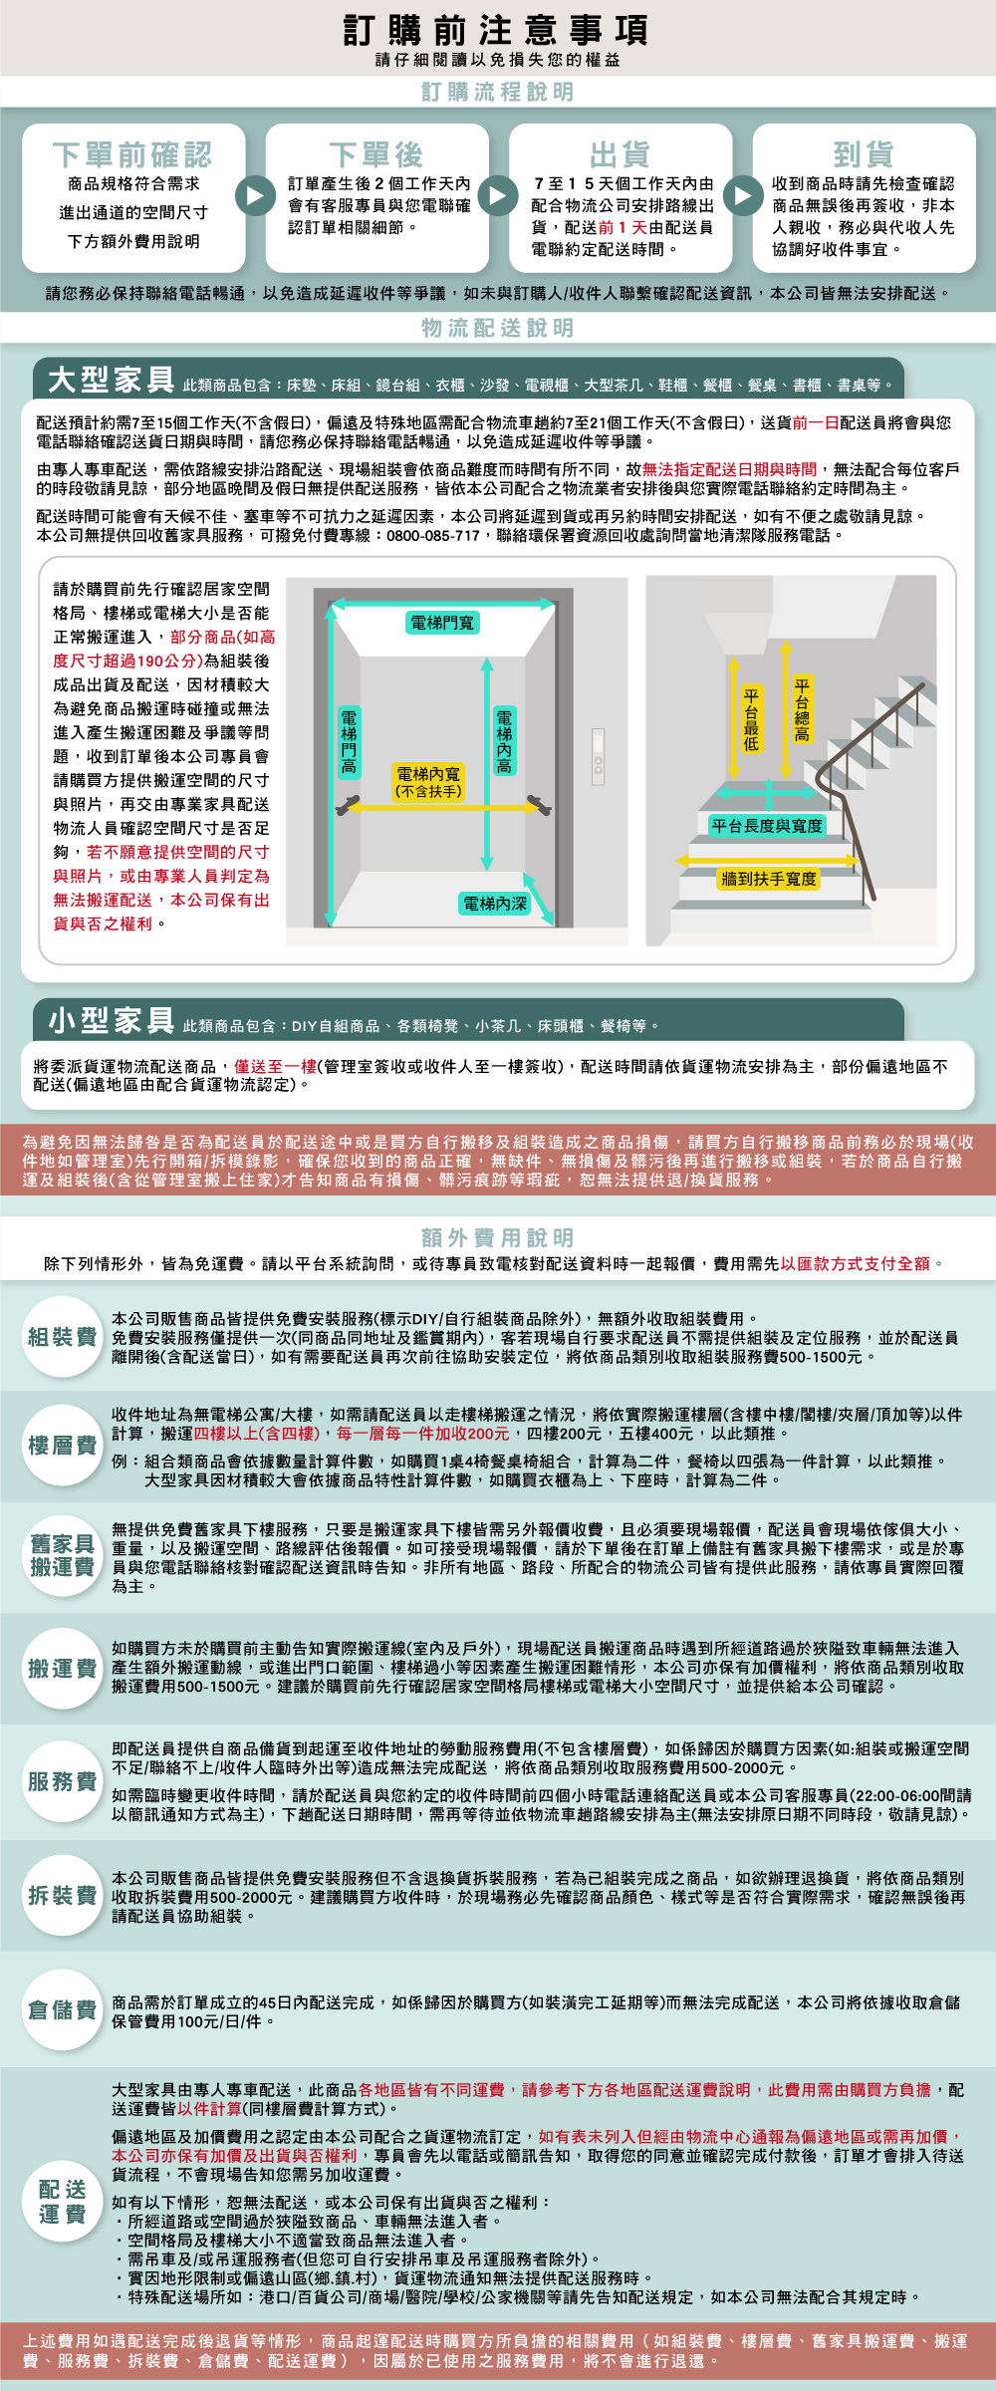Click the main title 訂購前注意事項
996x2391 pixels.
pyautogui.click(x=497, y=30)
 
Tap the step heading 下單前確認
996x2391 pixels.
pyautogui.click(x=132, y=154)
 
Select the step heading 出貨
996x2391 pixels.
pyautogui.click(x=620, y=154)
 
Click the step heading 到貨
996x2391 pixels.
pyautogui.click(x=864, y=154)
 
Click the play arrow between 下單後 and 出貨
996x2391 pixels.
pyautogui.click(x=498, y=195)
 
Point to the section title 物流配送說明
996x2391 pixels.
pyautogui.click(x=497, y=328)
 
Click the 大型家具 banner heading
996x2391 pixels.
pyautogui.click(x=112, y=380)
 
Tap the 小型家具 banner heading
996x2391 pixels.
pyautogui.click(x=112, y=1020)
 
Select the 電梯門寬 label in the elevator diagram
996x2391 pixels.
pyautogui.click(x=443, y=623)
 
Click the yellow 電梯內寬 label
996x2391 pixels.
pyautogui.click(x=428, y=782)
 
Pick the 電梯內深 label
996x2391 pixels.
pyautogui.click(x=495, y=904)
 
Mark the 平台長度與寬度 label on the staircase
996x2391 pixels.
pyautogui.click(x=767, y=826)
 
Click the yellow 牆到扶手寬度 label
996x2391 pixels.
pyautogui.click(x=768, y=879)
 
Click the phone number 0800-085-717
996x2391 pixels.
pyautogui.click(x=433, y=536)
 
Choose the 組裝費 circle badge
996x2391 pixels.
pyautogui.click(x=62, y=1337)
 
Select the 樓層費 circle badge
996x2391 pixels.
pyautogui.click(x=62, y=1445)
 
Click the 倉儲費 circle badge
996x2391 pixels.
pyautogui.click(x=62, y=2009)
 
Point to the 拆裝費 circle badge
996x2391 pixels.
pyautogui.click(x=62, y=1894)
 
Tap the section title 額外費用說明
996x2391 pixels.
pyautogui.click(x=497, y=1237)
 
